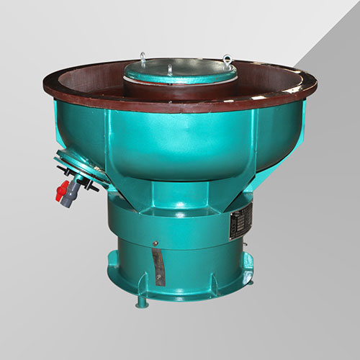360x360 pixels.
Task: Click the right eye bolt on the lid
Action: pyautogui.click(x=228, y=57)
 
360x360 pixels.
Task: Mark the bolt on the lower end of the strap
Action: pyautogui.click(x=159, y=282)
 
